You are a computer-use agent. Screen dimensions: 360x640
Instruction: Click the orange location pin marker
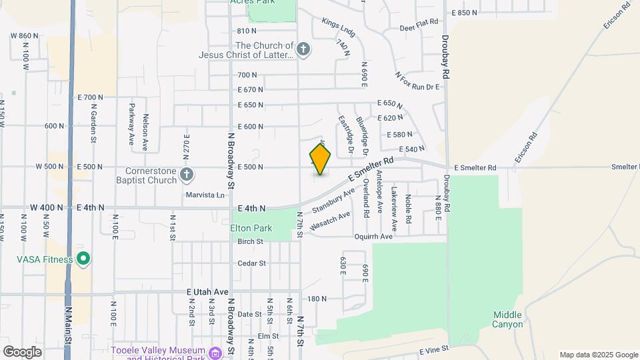[x=320, y=160]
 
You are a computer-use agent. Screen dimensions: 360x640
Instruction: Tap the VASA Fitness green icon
[x=83, y=257]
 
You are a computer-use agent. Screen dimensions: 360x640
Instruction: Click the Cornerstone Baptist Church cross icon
[x=187, y=175]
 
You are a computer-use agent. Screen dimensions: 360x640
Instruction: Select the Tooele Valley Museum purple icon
[x=215, y=351]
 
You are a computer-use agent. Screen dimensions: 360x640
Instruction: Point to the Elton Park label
[x=251, y=228]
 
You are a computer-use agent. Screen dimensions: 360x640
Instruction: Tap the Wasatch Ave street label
[x=329, y=221]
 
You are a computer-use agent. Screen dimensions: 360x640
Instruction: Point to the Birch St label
[x=251, y=241]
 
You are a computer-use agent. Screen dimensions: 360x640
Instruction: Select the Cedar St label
[x=251, y=263]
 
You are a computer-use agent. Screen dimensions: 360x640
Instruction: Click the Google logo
[x=23, y=351]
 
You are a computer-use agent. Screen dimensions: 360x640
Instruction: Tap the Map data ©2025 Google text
[x=598, y=355]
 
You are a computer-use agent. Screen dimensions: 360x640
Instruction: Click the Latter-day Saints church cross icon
[x=303, y=49]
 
